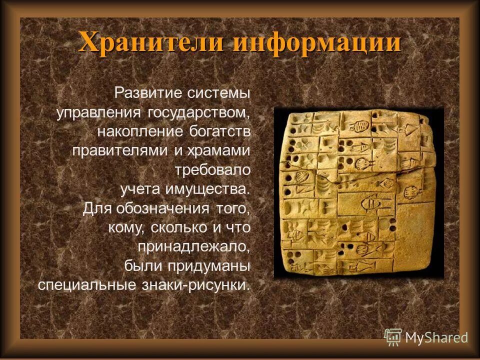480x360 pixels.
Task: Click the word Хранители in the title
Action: coord(152,42)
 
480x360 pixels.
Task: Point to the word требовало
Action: coord(212,170)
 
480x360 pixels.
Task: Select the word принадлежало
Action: coord(194,247)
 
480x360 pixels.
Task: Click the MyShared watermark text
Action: coord(436,337)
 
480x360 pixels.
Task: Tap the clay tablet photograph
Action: coord(358,192)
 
